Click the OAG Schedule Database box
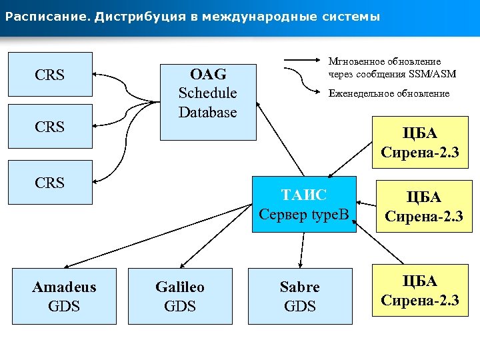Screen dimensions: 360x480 click(207, 96)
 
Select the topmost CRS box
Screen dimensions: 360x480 click(50, 75)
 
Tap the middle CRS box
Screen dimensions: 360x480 click(50, 127)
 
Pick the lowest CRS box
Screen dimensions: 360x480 click(50, 181)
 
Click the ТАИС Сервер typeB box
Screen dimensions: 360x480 click(304, 204)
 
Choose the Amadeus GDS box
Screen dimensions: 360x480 click(64, 297)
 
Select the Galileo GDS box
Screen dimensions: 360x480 click(180, 297)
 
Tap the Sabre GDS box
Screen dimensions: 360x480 click(300, 297)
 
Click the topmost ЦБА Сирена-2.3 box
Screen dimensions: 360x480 click(419, 143)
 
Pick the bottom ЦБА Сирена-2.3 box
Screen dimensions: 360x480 click(420, 291)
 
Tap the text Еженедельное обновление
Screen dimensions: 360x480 click(389, 94)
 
